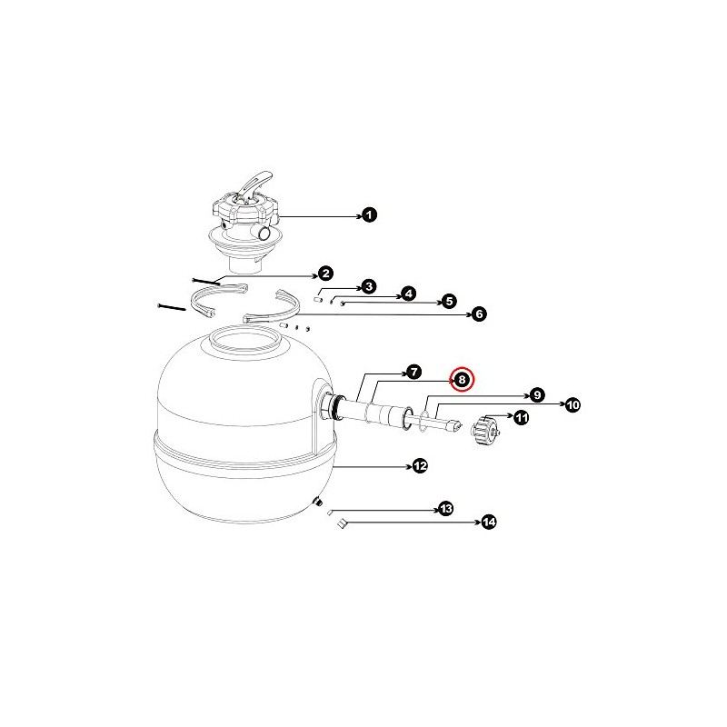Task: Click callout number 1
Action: click(368, 214)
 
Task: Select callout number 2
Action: click(324, 274)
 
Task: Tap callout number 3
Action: click(368, 286)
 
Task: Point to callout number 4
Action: click(408, 294)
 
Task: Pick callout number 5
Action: click(447, 301)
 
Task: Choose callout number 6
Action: click(479, 314)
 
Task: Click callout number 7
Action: click(413, 372)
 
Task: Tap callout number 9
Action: click(537, 395)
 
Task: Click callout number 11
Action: click(521, 418)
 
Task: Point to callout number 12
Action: click(419, 465)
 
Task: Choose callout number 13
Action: click(445, 510)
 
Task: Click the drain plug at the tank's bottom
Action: click(318, 502)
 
